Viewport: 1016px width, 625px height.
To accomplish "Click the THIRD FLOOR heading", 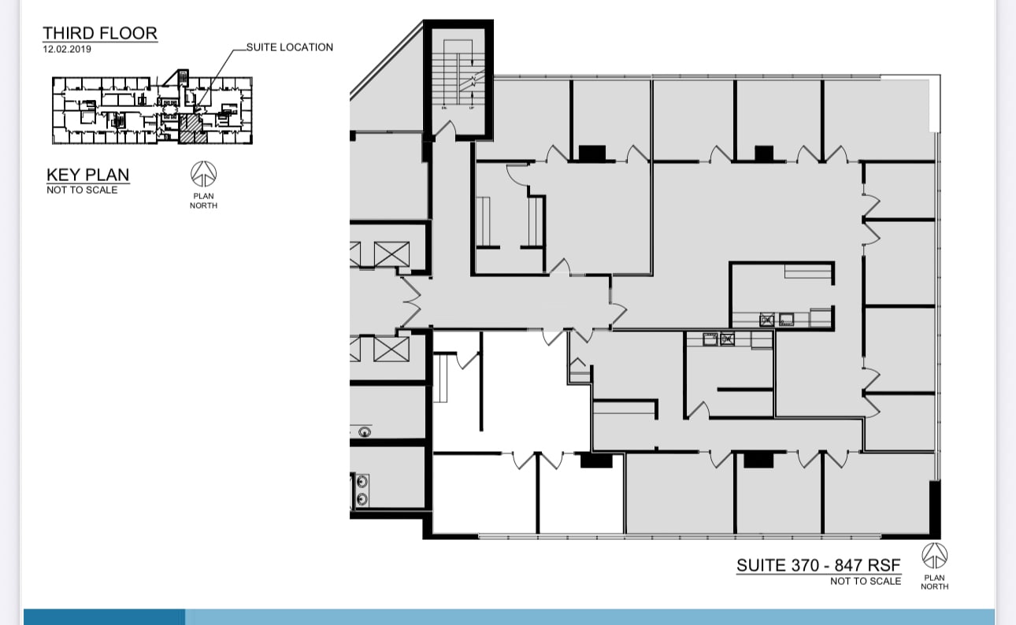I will [x=100, y=33].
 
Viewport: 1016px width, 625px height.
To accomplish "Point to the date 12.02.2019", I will [x=67, y=49].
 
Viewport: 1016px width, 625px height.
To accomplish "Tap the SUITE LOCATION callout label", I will [x=289, y=47].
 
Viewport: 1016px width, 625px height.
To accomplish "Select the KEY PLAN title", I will [x=87, y=175].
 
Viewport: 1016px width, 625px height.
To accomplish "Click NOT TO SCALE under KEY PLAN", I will [x=82, y=190].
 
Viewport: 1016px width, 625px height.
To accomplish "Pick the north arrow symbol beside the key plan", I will [x=203, y=174].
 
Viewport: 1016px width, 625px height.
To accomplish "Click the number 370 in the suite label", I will [x=805, y=564].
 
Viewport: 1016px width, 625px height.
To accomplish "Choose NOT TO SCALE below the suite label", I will [x=865, y=581].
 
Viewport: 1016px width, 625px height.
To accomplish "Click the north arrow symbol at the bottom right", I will [x=934, y=556].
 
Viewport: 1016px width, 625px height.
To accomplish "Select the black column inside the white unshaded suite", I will [x=595, y=460].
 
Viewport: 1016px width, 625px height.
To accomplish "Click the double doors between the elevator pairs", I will [x=410, y=302].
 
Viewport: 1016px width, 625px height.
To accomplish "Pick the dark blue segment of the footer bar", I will [x=104, y=616].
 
